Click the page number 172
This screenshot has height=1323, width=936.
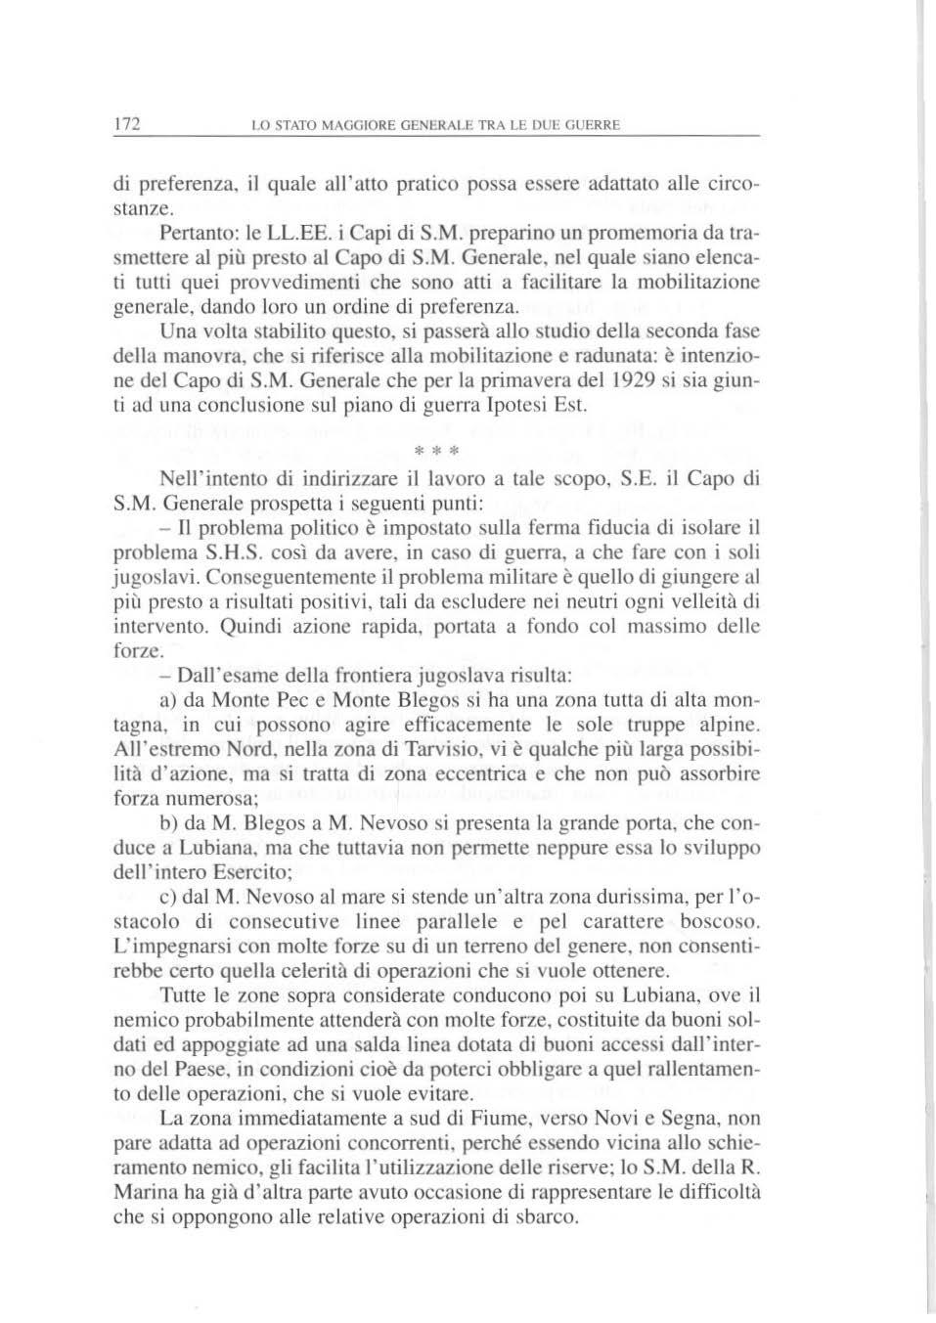[128, 124]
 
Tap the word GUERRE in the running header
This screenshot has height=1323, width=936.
[593, 125]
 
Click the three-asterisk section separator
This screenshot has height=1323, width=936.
[431, 451]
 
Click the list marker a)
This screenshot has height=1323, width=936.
[167, 700]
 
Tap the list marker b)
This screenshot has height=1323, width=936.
[167, 823]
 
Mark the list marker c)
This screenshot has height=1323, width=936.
[167, 897]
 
